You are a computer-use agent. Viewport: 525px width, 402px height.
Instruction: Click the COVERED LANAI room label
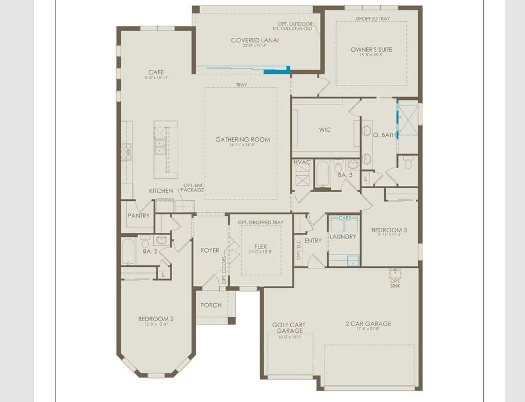pos(254,40)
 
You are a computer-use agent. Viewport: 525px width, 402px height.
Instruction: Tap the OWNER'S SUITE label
pos(371,50)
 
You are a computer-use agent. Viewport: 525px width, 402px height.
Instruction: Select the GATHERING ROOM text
pos(243,140)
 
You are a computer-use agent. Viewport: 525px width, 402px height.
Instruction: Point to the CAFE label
pos(155,72)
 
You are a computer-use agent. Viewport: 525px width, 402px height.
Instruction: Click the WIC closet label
pos(325,130)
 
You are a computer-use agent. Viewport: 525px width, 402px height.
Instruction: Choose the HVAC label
pos(302,162)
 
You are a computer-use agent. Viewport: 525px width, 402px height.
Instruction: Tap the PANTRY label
pos(139,216)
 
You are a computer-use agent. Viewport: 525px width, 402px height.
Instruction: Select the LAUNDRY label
pos(343,237)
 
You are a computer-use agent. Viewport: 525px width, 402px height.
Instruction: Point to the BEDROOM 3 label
pos(390,230)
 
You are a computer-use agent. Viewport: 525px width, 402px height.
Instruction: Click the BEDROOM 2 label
pos(155,319)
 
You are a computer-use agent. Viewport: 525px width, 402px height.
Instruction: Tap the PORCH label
pos(211,305)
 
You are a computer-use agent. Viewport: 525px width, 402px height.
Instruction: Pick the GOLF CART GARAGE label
pos(288,328)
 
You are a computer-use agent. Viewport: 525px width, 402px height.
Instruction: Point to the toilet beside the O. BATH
pos(408,162)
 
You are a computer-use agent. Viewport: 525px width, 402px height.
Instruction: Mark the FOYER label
pos(210,251)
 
